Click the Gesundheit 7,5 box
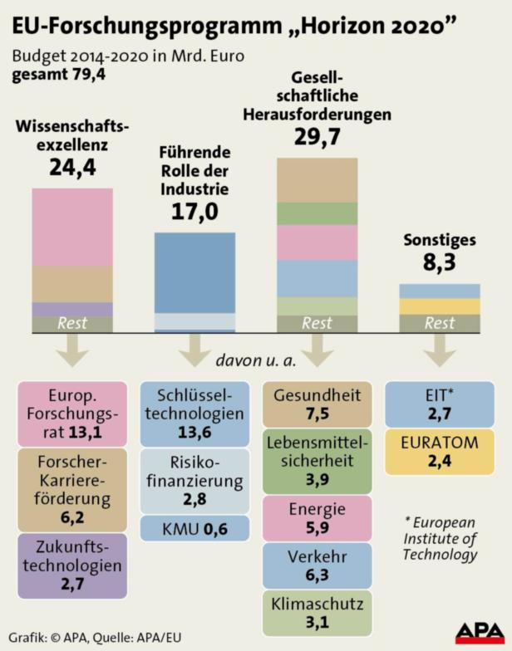point(317,404)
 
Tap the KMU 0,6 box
point(194,528)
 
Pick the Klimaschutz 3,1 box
point(317,613)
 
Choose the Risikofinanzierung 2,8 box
point(194,481)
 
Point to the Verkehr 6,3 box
point(317,565)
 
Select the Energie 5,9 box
point(317,518)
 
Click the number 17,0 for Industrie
point(194,213)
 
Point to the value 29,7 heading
point(317,137)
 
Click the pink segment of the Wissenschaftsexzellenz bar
point(72,226)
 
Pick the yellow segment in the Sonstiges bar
point(440,306)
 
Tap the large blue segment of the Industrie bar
point(194,272)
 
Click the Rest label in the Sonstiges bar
point(440,324)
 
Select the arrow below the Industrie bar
point(194,350)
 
